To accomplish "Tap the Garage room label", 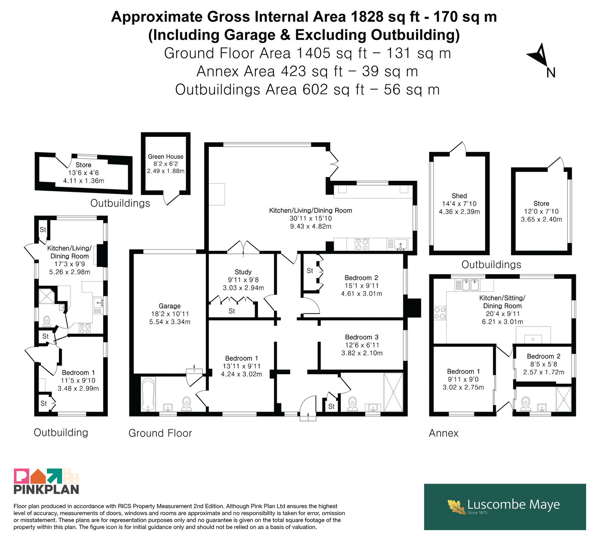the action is (169, 306).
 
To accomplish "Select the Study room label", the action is (243, 272).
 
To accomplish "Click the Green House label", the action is (165, 156).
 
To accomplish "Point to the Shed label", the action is (459, 196).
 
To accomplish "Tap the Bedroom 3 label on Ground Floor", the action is (362, 337).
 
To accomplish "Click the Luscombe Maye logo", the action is (505, 507).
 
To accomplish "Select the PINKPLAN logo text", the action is (46, 489).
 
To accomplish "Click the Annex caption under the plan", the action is (444, 433).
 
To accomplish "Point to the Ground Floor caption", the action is (160, 433).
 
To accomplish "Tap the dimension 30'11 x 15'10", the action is (310, 218).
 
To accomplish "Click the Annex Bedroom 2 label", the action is (543, 356).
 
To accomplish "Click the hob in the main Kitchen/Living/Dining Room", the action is (362, 244).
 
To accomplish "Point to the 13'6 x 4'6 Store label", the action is (83, 172).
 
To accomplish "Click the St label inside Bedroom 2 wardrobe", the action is (310, 271).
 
